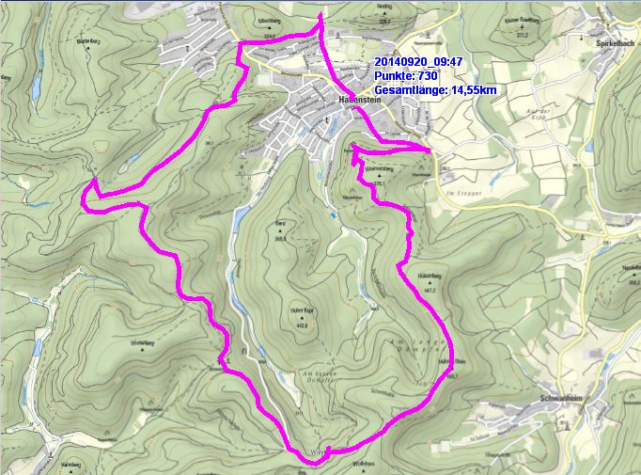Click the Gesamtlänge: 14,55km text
(434, 90)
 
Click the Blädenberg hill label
(86, 41)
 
